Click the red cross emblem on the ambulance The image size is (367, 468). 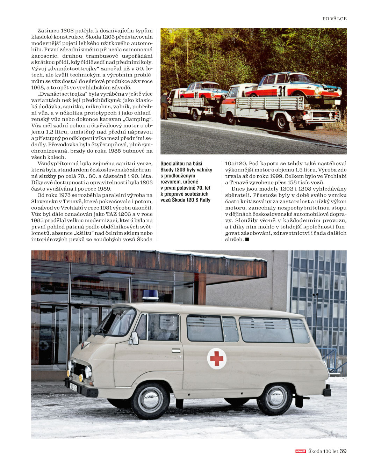coord(217,359)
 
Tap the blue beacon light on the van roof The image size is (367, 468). coord(151,295)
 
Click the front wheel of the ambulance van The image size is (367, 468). coord(151,400)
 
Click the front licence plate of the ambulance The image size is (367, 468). coord(73,387)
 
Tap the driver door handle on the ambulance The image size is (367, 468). coord(176,350)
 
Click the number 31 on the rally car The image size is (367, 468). coord(282,91)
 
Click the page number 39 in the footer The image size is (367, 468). coord(343,451)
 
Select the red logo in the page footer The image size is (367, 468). coord(301,451)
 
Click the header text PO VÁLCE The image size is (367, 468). coord(334,19)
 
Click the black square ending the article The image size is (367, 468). coord(247,239)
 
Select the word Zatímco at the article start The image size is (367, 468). coord(48,31)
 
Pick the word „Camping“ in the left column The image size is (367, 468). coord(139,119)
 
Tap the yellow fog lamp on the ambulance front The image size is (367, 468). coord(81,378)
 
